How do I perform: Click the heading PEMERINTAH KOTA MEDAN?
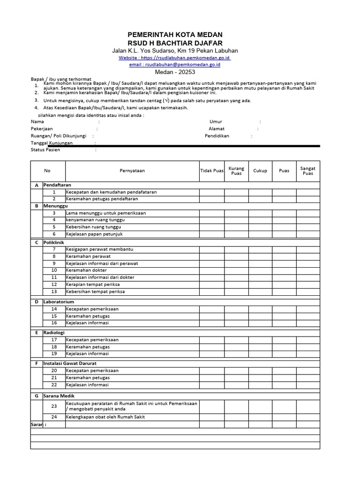175,35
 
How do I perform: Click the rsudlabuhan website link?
174,58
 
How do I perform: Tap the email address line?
175,65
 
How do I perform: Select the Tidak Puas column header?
211,171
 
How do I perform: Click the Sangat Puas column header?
308,171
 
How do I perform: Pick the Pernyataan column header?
132,171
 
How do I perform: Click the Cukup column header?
260,171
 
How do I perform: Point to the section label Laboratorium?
59,302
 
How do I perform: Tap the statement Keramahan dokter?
86,270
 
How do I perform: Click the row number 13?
54,292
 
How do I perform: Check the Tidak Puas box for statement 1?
211,192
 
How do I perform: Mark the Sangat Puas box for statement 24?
308,417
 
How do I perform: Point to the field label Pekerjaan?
42,128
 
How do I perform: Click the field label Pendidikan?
217,136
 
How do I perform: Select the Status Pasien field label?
45,150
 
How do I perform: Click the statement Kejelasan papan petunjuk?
94,234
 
